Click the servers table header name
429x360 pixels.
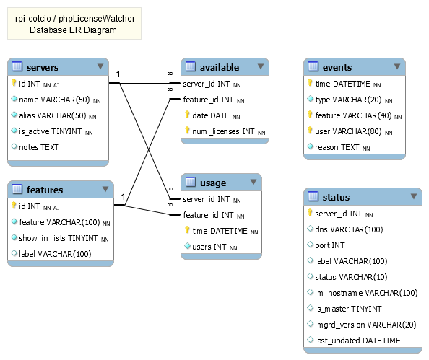43,68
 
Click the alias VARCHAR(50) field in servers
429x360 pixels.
53,115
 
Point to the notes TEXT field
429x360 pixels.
40,147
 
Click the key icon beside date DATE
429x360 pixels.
187,115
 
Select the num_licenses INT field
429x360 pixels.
223,131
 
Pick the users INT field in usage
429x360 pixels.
209,247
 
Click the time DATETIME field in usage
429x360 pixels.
220,231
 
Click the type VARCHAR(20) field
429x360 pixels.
348,100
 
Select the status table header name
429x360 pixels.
336,197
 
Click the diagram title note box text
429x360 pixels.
74,24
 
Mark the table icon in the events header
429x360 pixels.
313,67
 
